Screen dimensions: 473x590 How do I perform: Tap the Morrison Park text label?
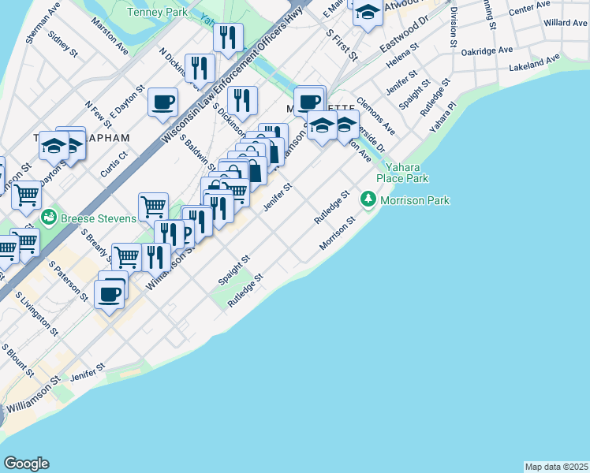pyautogui.click(x=415, y=200)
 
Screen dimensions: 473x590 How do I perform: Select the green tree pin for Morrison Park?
pyautogui.click(x=368, y=200)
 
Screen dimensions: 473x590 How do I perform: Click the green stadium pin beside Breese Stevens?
pyautogui.click(x=48, y=215)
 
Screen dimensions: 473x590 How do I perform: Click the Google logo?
pyautogui.click(x=26, y=464)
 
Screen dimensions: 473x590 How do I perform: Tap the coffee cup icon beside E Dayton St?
pyautogui.click(x=162, y=102)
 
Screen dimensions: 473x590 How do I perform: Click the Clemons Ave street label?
pyautogui.click(x=375, y=115)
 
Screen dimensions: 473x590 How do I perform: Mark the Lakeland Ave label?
pyautogui.click(x=534, y=63)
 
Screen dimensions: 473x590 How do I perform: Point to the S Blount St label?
pyautogui.click(x=17, y=359)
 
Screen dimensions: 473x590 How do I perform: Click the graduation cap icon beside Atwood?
pyautogui.click(x=368, y=12)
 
